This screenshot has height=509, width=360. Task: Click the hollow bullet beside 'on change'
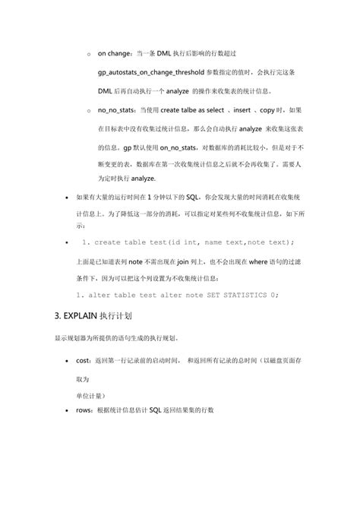pyautogui.click(x=89, y=54)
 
